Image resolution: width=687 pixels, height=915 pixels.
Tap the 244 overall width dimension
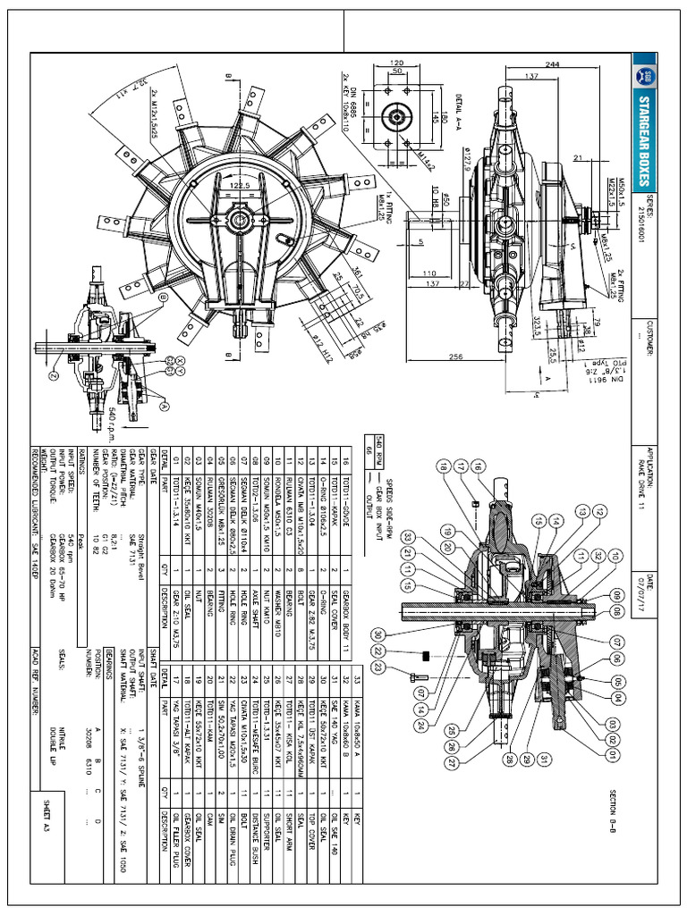pos(602,63)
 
